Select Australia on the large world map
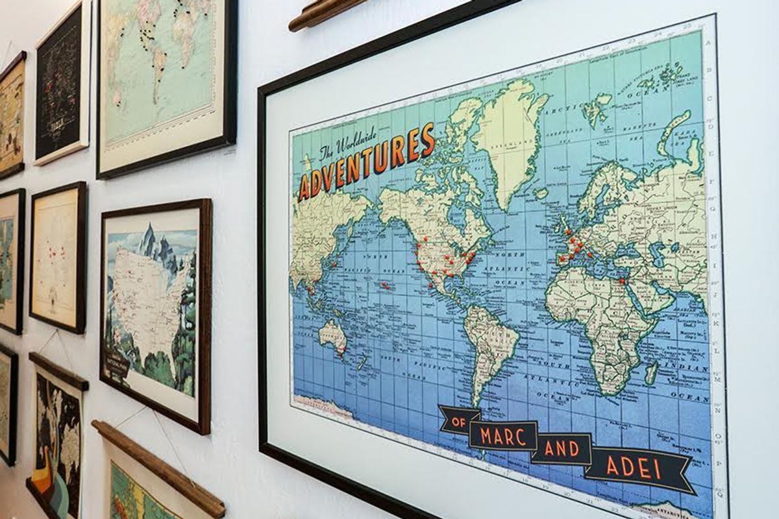tap(333, 337)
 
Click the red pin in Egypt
tap(621, 282)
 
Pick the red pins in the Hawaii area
tap(385, 285)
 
